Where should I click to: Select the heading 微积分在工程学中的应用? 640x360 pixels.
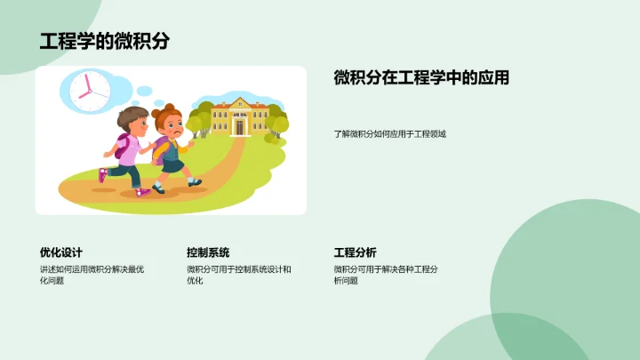(x=421, y=78)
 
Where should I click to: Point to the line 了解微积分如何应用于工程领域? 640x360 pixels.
(x=389, y=134)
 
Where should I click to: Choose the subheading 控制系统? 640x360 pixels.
(x=208, y=252)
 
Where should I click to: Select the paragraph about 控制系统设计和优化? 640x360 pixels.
(x=238, y=275)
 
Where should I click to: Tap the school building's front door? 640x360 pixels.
(x=238, y=128)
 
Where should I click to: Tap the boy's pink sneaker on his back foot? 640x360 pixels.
(x=103, y=175)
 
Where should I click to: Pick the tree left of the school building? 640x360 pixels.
(x=201, y=116)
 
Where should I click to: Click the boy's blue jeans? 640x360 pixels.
(x=133, y=174)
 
